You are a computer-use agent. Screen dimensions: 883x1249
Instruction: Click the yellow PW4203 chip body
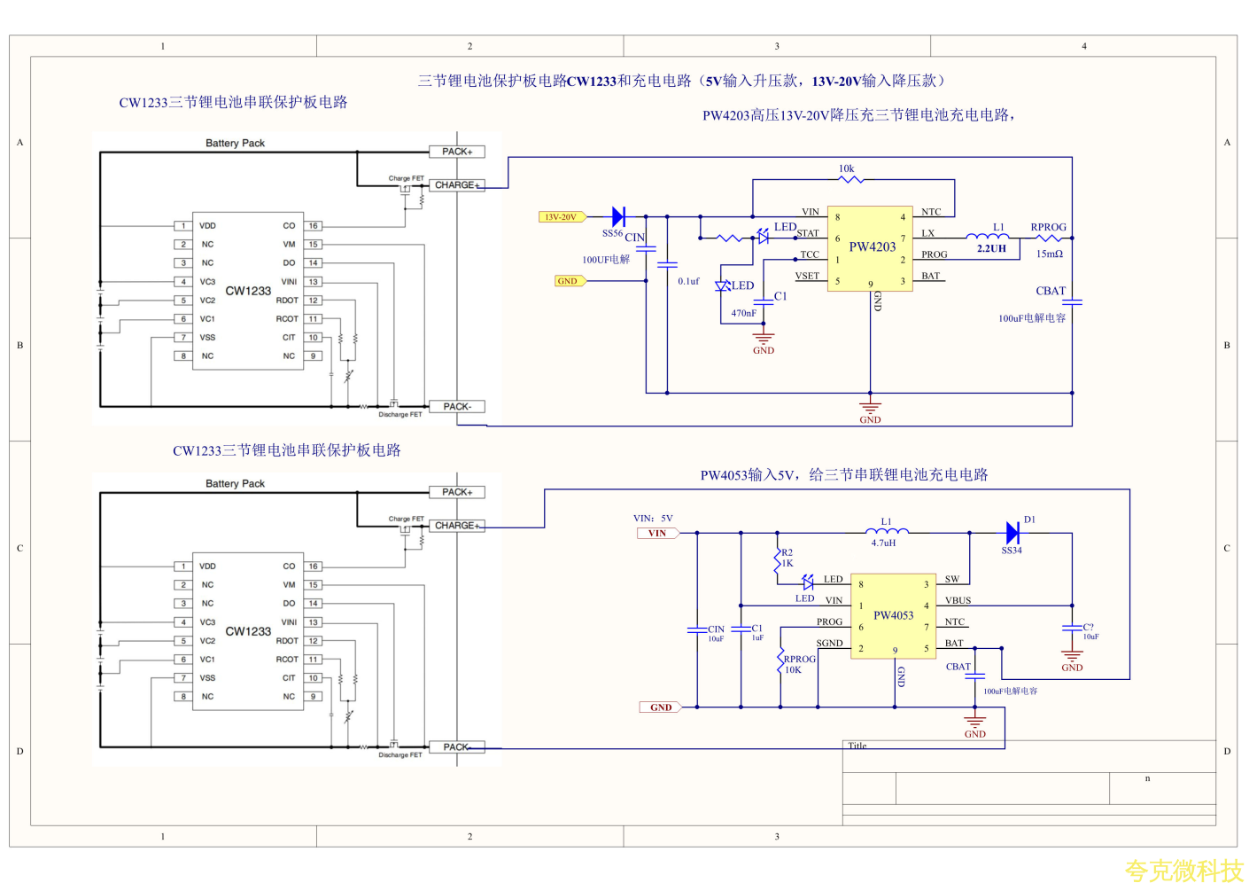click(x=871, y=249)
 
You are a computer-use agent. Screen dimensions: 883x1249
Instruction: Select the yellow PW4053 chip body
click(x=893, y=615)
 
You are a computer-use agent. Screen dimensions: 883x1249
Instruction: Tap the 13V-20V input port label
click(x=561, y=217)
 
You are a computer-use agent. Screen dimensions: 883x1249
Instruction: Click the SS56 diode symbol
click(x=618, y=216)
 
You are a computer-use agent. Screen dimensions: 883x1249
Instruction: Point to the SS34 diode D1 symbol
click(x=1012, y=533)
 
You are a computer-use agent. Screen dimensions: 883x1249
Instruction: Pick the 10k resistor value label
click(x=846, y=168)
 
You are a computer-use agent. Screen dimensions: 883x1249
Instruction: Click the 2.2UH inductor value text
click(x=991, y=249)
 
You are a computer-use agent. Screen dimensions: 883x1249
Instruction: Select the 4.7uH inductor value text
click(x=883, y=543)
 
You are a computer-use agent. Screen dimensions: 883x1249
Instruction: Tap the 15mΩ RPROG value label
click(x=1049, y=254)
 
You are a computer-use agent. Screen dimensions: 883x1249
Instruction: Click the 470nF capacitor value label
click(x=743, y=314)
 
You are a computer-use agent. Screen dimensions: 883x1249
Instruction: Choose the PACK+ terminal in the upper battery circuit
click(x=457, y=152)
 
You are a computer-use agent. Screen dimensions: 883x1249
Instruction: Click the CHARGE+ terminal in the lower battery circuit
click(x=457, y=526)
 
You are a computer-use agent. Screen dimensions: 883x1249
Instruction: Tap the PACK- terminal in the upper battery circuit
click(x=457, y=407)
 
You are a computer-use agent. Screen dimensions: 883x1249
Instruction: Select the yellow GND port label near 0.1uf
click(x=568, y=281)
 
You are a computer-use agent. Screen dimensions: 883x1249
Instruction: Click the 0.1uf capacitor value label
click(x=688, y=282)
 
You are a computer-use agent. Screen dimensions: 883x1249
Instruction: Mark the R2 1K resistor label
click(x=787, y=558)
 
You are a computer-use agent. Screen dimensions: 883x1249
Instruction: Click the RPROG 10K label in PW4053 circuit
click(x=798, y=664)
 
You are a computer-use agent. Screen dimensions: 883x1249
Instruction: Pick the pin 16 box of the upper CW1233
click(x=314, y=226)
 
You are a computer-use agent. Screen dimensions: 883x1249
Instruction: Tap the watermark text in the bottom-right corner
click(x=1183, y=871)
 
